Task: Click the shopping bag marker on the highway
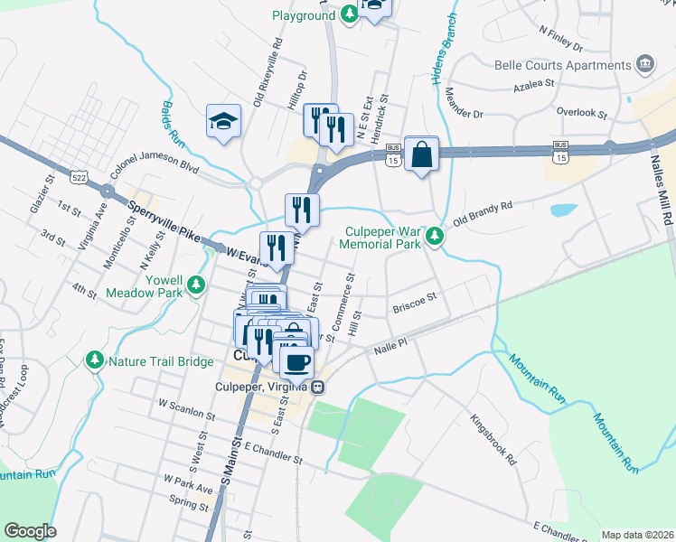(422, 154)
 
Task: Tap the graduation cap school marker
(222, 122)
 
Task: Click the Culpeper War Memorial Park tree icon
(435, 237)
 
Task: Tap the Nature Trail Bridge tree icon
(95, 361)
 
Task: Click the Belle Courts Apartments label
(561, 65)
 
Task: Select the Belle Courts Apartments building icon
(645, 64)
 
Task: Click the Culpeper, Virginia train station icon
(318, 387)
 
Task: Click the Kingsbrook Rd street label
(492, 438)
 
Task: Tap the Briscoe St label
(415, 303)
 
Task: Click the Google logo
(31, 531)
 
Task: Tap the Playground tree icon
(349, 15)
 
